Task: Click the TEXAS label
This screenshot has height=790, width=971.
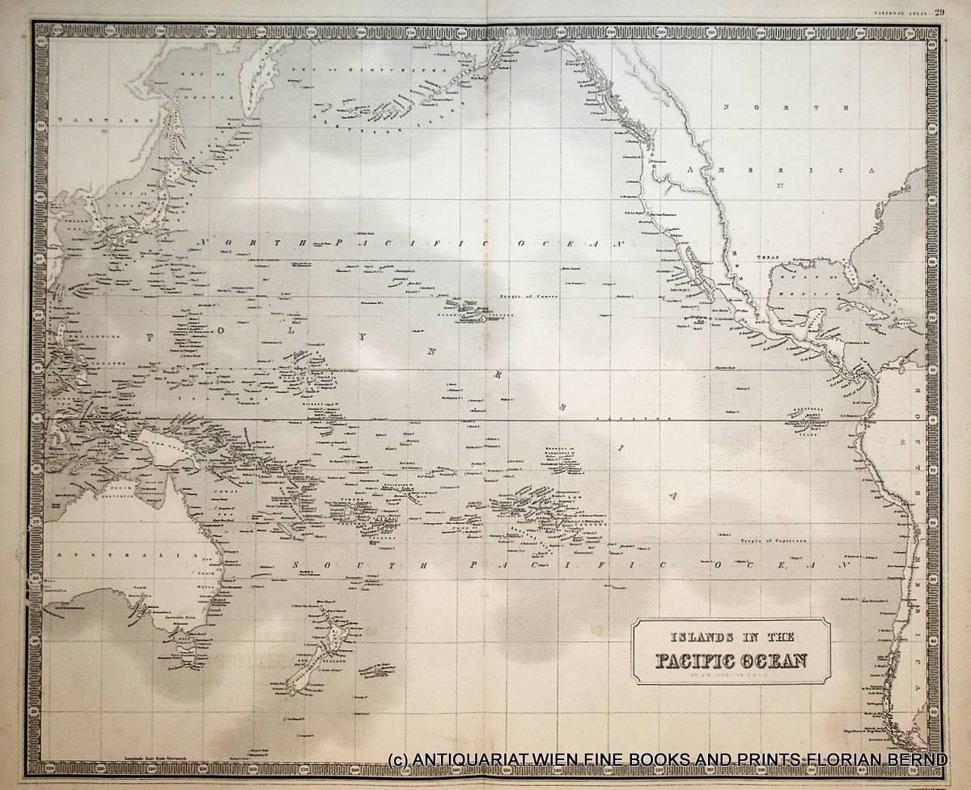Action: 768,258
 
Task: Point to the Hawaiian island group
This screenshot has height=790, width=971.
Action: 468,311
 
